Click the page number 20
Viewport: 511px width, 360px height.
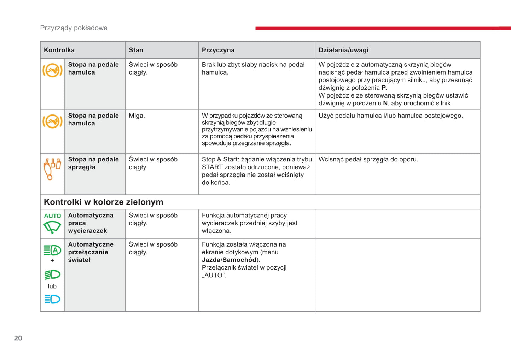click(x=18, y=338)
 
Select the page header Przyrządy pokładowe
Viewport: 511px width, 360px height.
click(x=74, y=28)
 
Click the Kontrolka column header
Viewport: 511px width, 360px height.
click(x=59, y=50)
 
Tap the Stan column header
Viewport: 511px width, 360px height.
click(x=136, y=50)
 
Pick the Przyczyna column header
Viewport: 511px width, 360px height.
click(x=218, y=50)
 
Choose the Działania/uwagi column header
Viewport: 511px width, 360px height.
click(x=343, y=50)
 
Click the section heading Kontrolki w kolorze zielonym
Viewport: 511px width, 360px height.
click(x=103, y=202)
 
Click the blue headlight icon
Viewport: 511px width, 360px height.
click(x=52, y=299)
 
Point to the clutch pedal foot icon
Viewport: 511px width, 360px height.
click(x=52, y=169)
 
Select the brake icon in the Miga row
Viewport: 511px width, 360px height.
click(x=52, y=122)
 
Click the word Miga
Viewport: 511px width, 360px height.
click(x=137, y=116)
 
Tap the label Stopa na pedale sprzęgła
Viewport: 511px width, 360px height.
click(x=93, y=163)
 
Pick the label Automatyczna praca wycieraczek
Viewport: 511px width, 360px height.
click(x=91, y=223)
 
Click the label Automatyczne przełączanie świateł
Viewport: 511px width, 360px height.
click(x=91, y=252)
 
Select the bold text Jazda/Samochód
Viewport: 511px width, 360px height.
click(x=229, y=260)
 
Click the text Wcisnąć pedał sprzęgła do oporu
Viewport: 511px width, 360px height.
click(x=368, y=159)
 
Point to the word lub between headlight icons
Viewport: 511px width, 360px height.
click(x=52, y=286)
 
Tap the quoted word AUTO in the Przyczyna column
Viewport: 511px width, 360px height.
click(x=214, y=276)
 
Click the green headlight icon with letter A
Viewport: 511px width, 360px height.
click(x=52, y=250)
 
